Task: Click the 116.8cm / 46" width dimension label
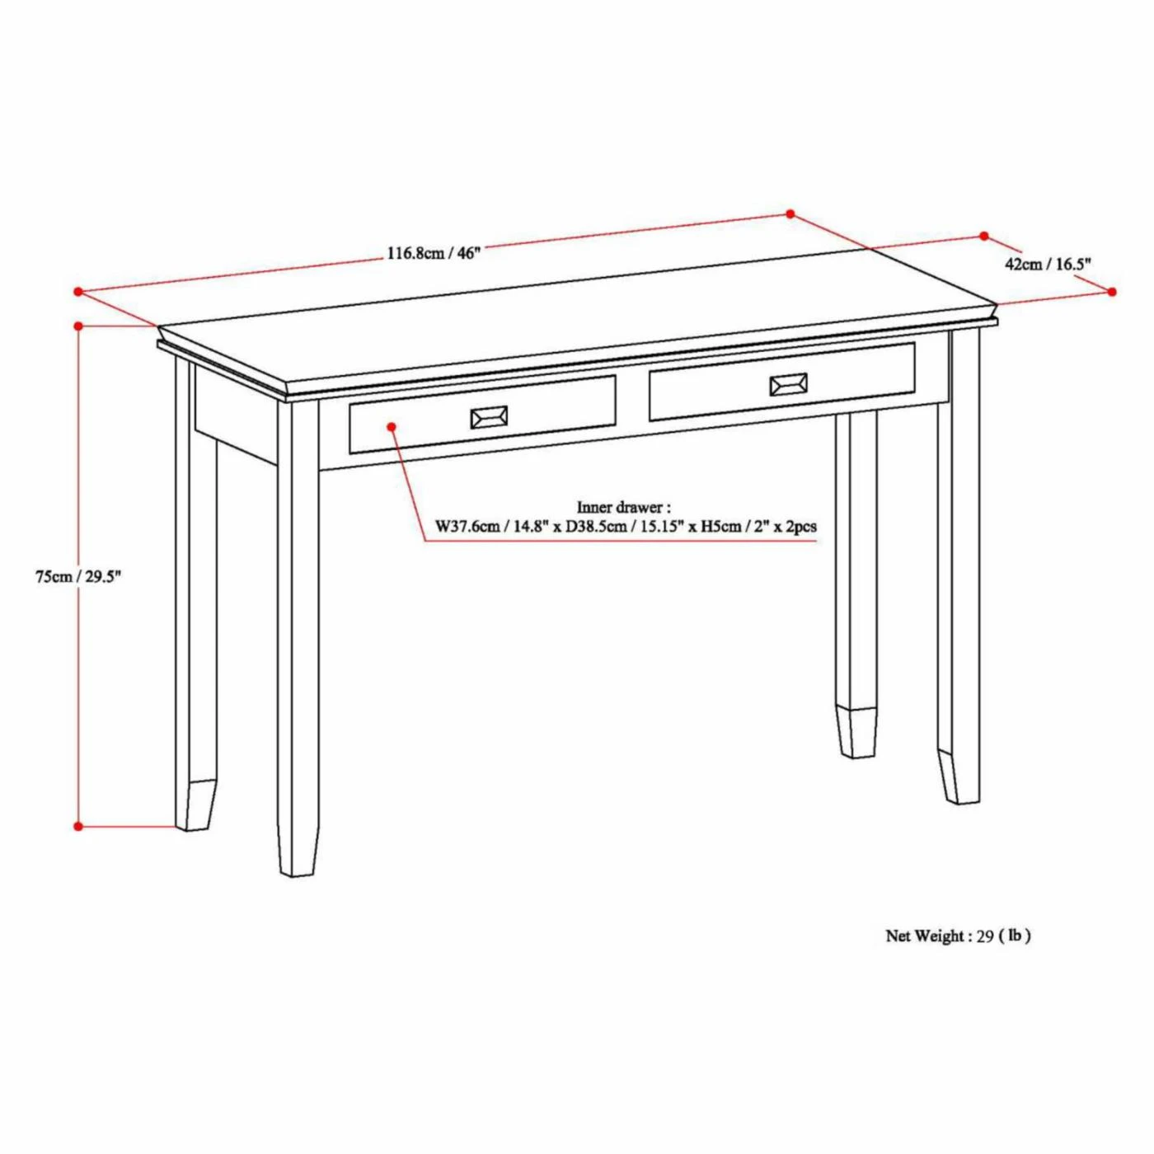click(x=434, y=252)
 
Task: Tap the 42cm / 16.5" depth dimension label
click(x=1047, y=264)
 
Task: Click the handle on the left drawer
click(x=489, y=417)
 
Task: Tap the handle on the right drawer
click(x=787, y=384)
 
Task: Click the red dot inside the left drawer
click(x=392, y=426)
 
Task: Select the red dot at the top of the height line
click(x=77, y=326)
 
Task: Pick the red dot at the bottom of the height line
click(x=77, y=826)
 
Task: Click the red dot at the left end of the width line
click(x=77, y=292)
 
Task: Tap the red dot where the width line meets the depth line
click(x=790, y=213)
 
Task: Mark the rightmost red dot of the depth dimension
click(x=1112, y=292)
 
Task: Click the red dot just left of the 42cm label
click(x=983, y=236)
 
